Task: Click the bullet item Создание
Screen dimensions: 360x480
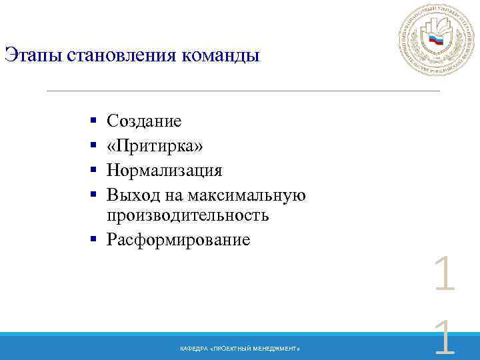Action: coord(144,121)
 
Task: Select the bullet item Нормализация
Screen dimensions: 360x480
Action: coord(164,170)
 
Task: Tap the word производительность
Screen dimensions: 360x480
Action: coord(187,215)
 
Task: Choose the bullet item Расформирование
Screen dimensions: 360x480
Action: coord(178,239)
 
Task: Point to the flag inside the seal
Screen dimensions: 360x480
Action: coord(437,41)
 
